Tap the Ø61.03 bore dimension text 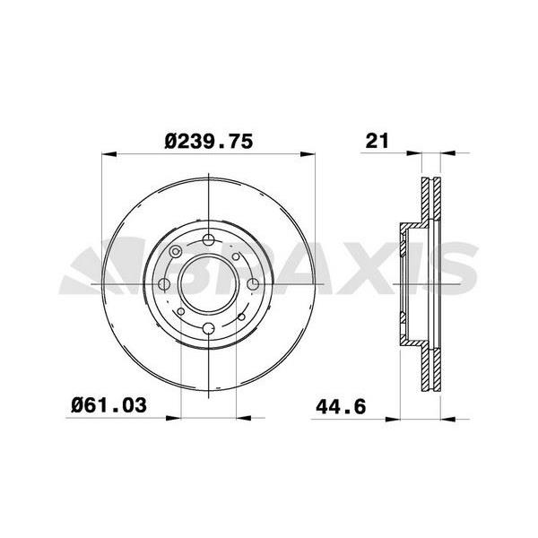coord(108,405)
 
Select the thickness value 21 coord(376,141)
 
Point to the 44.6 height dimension coord(340,405)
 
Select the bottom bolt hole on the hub coord(209,329)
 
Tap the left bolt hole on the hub coord(164,285)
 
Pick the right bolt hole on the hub coord(253,285)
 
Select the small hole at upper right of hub coord(236,257)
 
